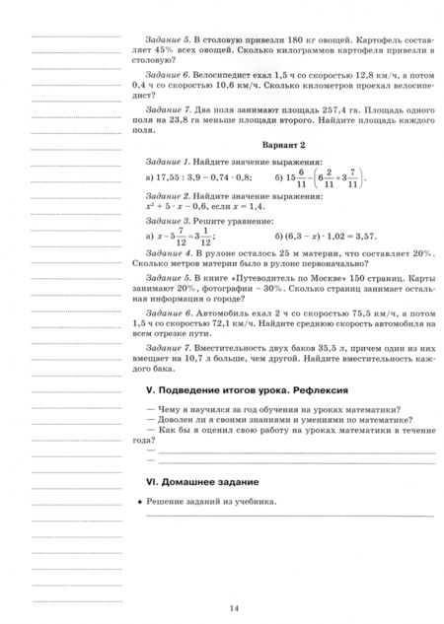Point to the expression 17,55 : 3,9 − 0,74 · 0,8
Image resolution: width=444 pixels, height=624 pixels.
pyautogui.click(x=204, y=177)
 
